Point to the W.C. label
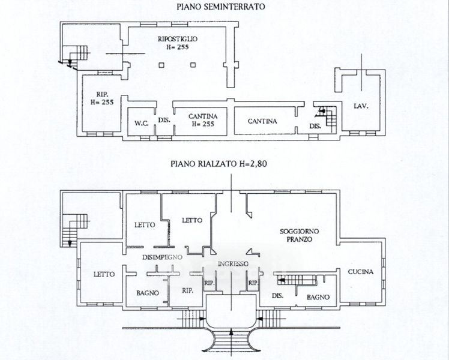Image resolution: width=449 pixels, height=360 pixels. [142, 124]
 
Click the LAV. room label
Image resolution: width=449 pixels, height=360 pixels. [360, 106]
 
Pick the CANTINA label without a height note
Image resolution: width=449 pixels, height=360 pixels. [262, 121]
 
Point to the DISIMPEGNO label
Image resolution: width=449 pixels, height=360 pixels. [161, 257]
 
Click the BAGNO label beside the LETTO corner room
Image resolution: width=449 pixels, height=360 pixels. [147, 293]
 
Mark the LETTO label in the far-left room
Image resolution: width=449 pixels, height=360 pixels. [104, 274]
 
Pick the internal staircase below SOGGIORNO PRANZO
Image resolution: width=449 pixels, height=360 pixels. [296, 279]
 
